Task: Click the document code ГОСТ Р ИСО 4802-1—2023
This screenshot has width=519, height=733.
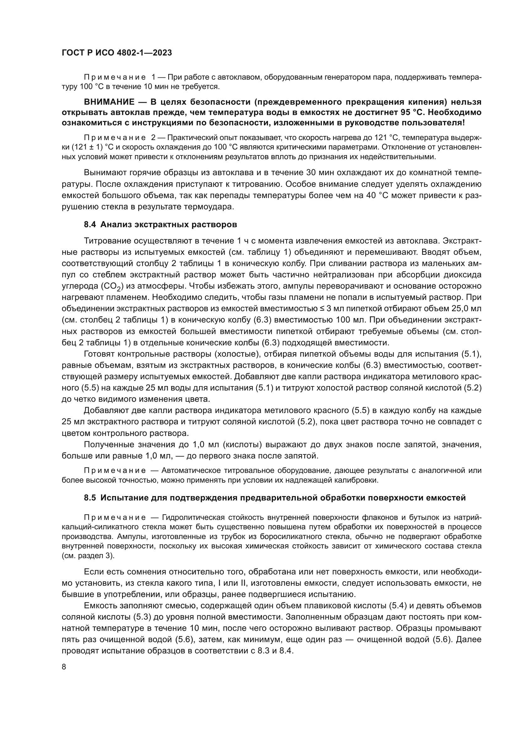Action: click(117, 53)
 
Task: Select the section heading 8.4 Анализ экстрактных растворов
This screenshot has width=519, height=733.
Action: click(160, 224)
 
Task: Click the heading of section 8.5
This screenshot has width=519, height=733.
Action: click(275, 498)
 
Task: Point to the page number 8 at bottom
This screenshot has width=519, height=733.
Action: click(64, 667)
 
